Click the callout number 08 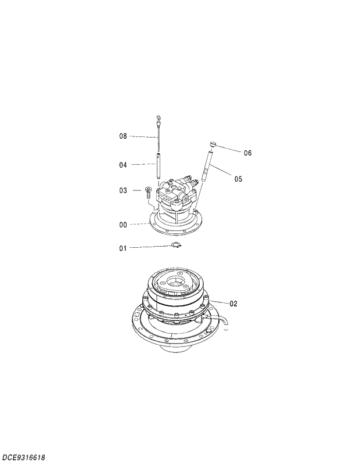coord(123,136)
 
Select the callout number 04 coord(123,165)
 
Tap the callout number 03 coord(123,190)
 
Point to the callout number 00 coord(123,224)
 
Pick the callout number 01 coord(123,248)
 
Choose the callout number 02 coord(233,304)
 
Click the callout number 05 coord(238,179)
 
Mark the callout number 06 coord(247,153)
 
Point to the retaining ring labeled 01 coord(178,247)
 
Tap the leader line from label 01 coord(151,247)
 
